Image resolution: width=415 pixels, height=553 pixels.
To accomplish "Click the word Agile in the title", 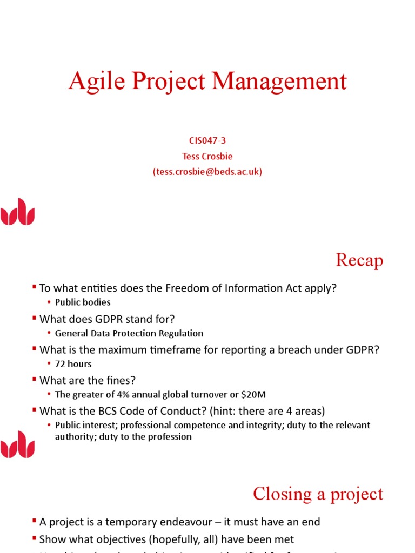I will click(x=90, y=82).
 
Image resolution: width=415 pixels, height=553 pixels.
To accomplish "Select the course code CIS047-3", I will click(x=207, y=141).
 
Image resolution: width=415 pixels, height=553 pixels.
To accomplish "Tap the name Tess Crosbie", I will click(x=207, y=157).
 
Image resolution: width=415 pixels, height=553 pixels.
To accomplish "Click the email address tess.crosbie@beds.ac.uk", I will click(x=207, y=172).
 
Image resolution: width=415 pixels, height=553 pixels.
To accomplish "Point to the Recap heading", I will click(x=359, y=260).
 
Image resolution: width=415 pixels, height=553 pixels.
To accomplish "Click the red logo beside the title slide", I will click(x=18, y=211).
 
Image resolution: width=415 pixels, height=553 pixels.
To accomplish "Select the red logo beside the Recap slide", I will click(x=18, y=444).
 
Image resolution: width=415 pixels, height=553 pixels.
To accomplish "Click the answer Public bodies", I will click(x=83, y=302).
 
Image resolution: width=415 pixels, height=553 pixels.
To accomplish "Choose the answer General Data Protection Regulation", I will click(x=129, y=334).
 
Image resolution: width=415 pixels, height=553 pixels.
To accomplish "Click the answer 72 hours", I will click(x=73, y=364).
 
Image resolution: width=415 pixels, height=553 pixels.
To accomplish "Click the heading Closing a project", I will click(x=318, y=494).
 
